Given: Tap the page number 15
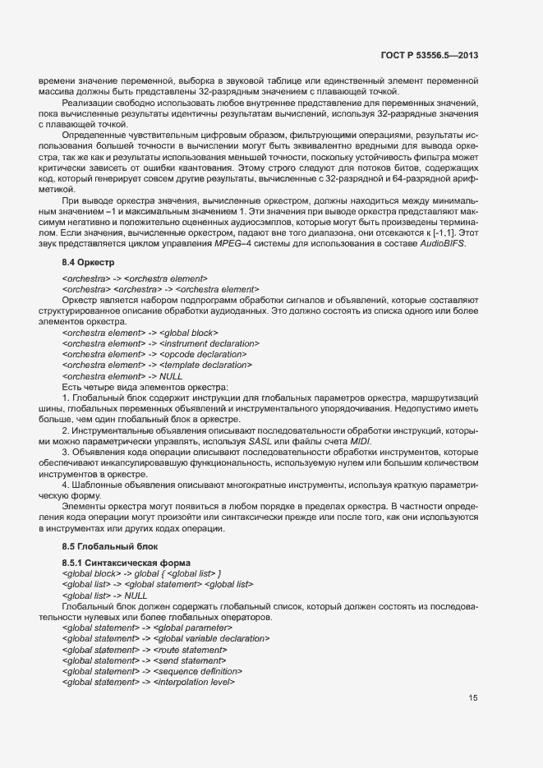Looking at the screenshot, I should pos(473,698).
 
